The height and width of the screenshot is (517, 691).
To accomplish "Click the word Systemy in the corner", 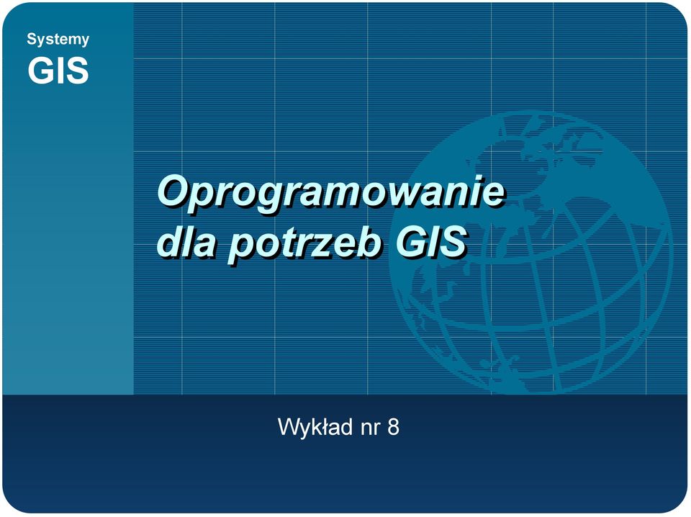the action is pos(58,40).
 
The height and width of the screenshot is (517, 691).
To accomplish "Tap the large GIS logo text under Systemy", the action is pos(58,70).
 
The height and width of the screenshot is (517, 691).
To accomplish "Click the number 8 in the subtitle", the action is pos(393,427).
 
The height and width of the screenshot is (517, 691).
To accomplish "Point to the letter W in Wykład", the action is pos(289,427).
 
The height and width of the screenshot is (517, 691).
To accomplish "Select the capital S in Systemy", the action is pos(31,38).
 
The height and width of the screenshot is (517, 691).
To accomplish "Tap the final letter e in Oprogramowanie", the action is pos(493,197).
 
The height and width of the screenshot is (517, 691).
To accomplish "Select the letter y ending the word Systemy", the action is pos(85,42).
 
